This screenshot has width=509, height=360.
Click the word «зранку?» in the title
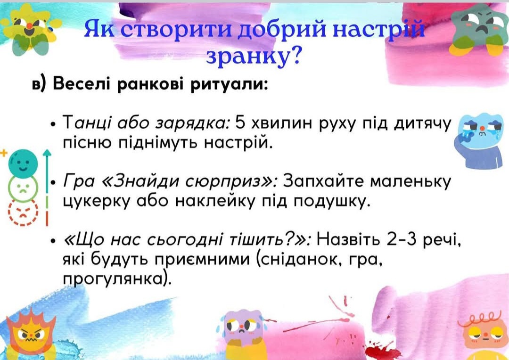(253, 56)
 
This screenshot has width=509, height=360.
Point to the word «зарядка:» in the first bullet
(193, 123)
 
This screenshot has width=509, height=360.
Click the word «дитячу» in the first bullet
(422, 124)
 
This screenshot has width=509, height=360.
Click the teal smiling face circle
(23, 163)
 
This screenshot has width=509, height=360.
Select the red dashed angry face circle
(23, 213)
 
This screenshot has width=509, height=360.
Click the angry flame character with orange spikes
(30, 335)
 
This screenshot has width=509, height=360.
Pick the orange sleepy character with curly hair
(484, 335)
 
